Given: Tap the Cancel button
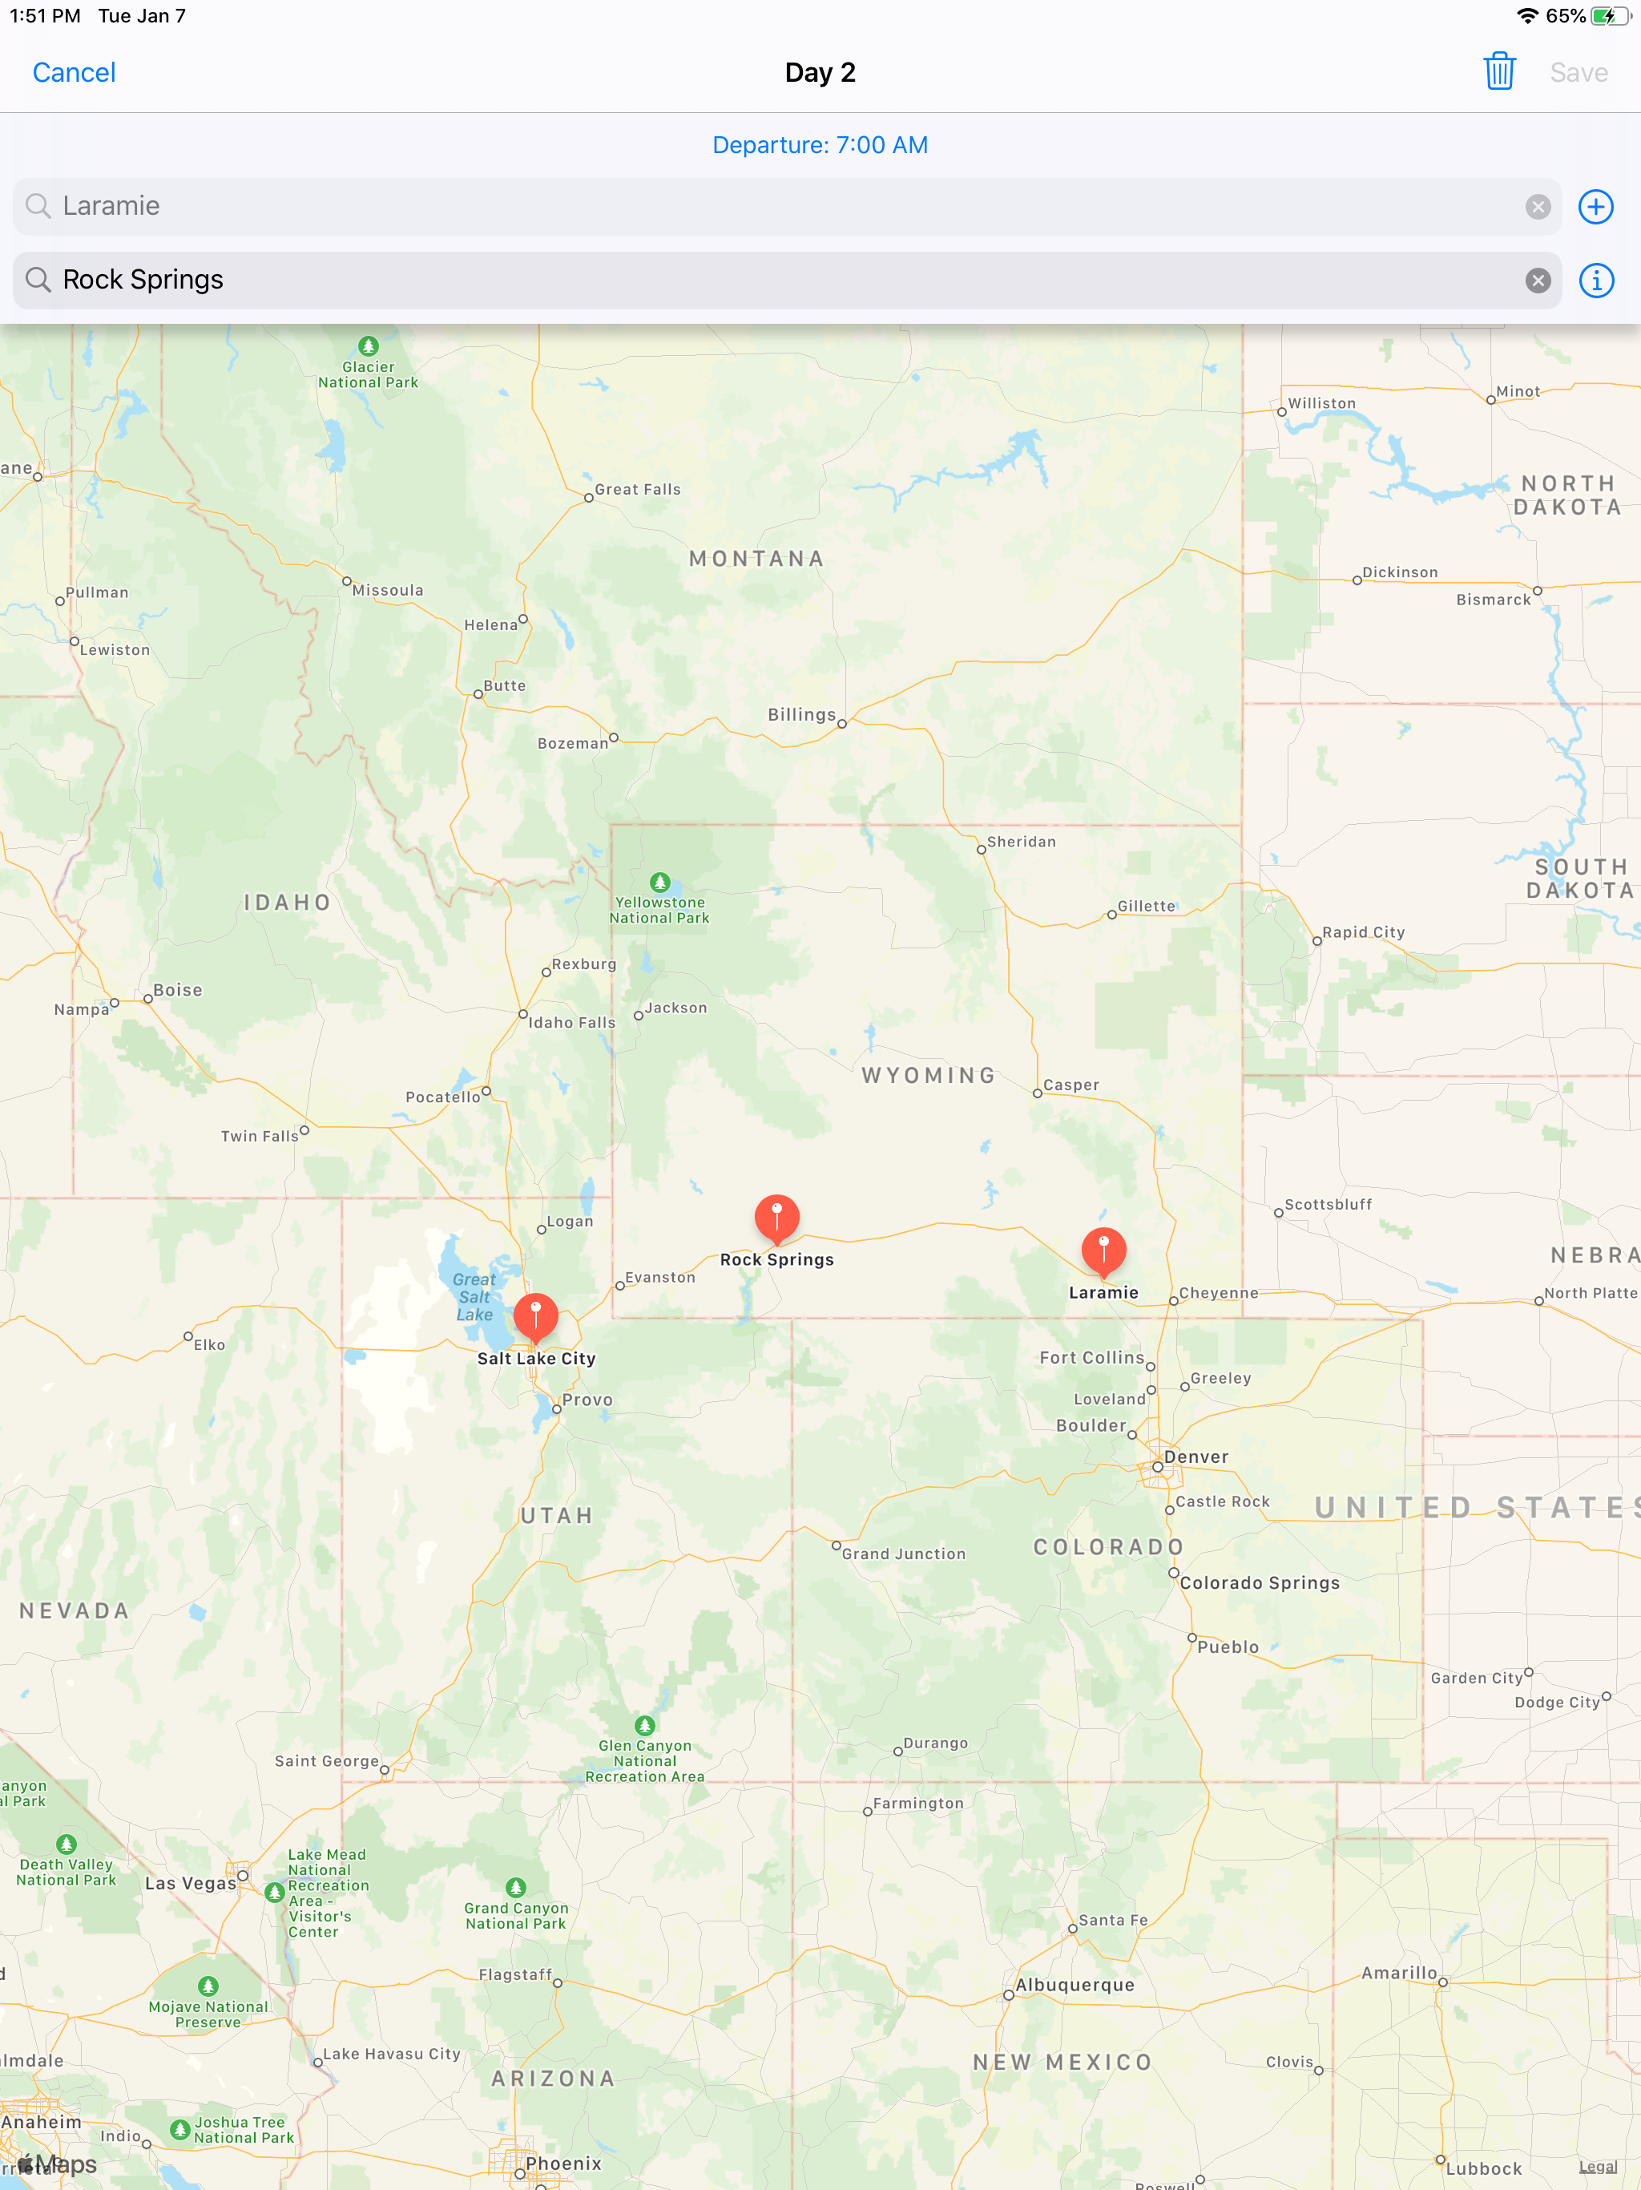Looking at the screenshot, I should click(x=75, y=72).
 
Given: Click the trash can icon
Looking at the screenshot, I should click(x=1498, y=71).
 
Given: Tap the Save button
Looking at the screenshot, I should click(x=1578, y=72).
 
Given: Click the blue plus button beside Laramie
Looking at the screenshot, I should click(x=1595, y=206).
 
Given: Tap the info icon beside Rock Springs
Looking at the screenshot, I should click(x=1595, y=281).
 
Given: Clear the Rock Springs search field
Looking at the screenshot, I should click(x=1537, y=281).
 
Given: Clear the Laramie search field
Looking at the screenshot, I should click(x=1537, y=206).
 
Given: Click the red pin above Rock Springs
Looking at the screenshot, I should click(x=777, y=1217).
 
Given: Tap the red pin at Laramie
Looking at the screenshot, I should click(x=1103, y=1251).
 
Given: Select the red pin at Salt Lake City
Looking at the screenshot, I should click(x=535, y=1315).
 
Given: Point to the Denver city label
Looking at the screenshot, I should click(x=1195, y=1457).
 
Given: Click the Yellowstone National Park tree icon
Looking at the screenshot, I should click(x=660, y=881).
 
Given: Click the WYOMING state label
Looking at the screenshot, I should click(x=929, y=1075).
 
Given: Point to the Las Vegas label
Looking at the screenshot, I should click(x=191, y=1883).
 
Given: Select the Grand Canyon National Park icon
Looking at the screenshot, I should click(x=516, y=1887).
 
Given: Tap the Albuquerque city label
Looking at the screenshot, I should click(x=1075, y=1985).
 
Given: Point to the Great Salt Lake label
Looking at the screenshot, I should click(x=474, y=1296).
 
